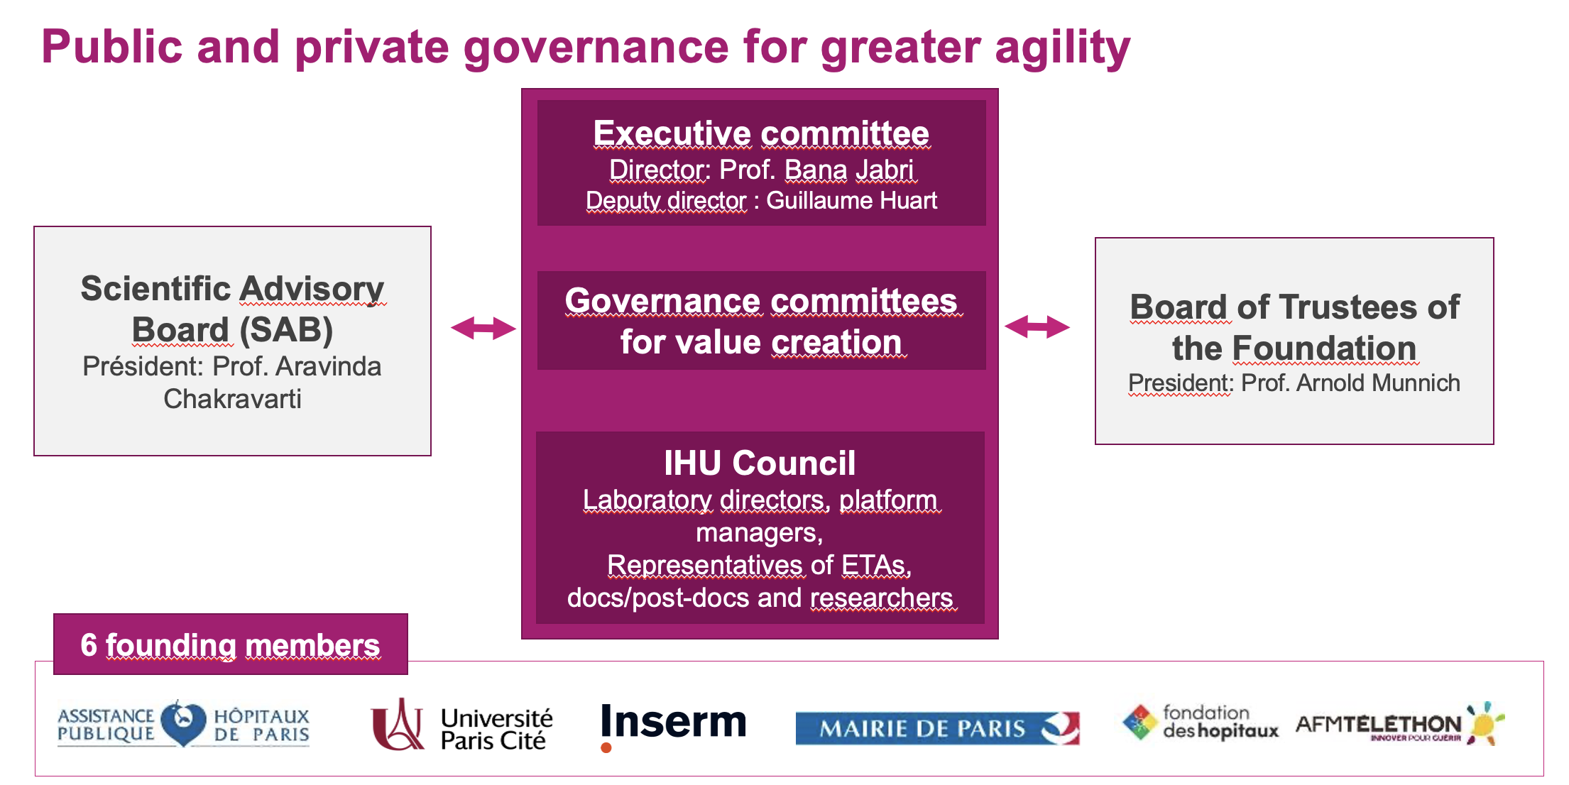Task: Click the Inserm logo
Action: click(673, 724)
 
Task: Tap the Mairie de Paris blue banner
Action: click(937, 728)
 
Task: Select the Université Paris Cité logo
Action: click(461, 725)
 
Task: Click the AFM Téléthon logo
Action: click(1399, 724)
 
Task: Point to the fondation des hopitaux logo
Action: click(1201, 723)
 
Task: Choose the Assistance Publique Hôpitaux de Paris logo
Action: click(183, 724)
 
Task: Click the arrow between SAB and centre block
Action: click(483, 328)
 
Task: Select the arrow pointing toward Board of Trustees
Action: click(1037, 326)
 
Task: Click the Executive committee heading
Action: click(761, 133)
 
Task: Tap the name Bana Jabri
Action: click(848, 170)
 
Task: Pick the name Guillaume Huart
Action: click(851, 201)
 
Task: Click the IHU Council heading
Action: click(760, 463)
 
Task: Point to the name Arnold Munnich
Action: click(1378, 383)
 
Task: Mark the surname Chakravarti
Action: click(232, 399)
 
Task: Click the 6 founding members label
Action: click(230, 645)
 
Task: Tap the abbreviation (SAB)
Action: click(286, 330)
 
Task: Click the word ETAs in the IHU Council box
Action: click(875, 566)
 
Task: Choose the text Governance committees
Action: click(761, 301)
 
